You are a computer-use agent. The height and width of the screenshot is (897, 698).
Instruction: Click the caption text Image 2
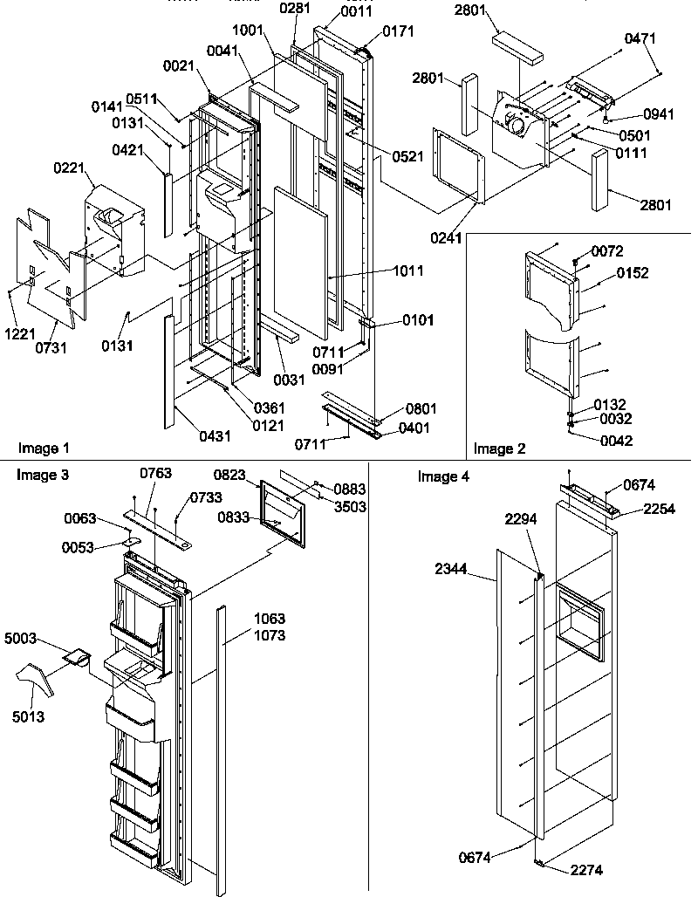(x=499, y=448)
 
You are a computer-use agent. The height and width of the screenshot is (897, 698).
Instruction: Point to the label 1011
(x=408, y=271)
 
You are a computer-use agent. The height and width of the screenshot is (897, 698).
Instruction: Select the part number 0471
(x=640, y=39)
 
